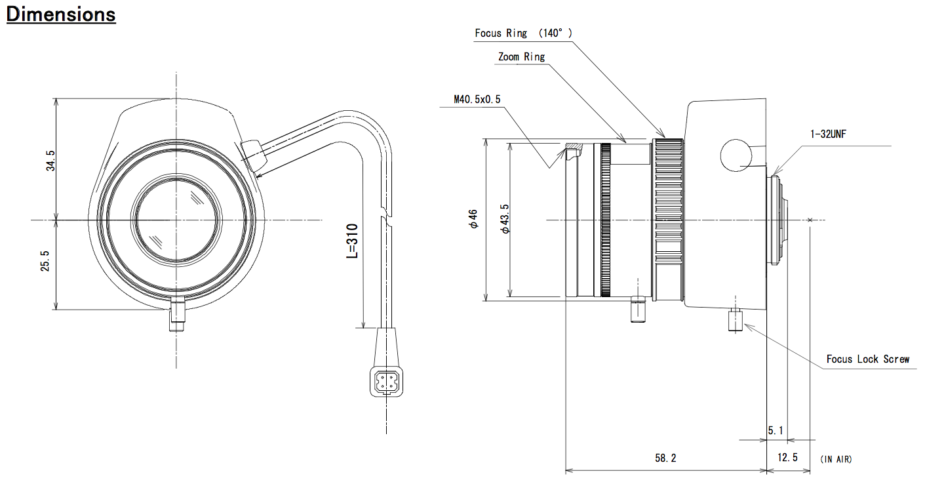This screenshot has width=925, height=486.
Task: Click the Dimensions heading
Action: point(61,15)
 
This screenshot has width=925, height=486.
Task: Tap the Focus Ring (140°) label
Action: point(523,33)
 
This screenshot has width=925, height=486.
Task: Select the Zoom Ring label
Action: point(521,56)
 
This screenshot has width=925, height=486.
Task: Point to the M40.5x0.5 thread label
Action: point(477,99)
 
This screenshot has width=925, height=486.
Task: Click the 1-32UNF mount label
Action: point(828,134)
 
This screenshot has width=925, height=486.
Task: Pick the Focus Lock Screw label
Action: point(867,359)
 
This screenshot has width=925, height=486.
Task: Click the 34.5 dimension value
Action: point(50,160)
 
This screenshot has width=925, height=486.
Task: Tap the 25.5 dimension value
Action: point(45,261)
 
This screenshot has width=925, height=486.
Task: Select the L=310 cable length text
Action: point(352,241)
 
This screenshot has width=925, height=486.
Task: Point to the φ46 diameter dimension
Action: point(473,218)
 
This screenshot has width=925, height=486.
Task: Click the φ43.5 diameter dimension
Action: point(505,218)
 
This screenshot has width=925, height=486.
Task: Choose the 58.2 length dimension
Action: point(665,458)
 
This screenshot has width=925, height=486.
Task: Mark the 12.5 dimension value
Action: point(787,458)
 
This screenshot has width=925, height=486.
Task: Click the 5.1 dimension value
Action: point(775,431)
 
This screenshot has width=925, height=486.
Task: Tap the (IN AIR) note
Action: point(836,459)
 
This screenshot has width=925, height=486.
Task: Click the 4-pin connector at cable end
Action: point(386,381)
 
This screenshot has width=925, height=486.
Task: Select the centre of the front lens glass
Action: point(176,220)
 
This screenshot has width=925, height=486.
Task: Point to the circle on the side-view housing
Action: point(736,155)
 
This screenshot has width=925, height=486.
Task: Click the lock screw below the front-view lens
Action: point(177,314)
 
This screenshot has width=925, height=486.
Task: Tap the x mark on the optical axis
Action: point(810,220)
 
